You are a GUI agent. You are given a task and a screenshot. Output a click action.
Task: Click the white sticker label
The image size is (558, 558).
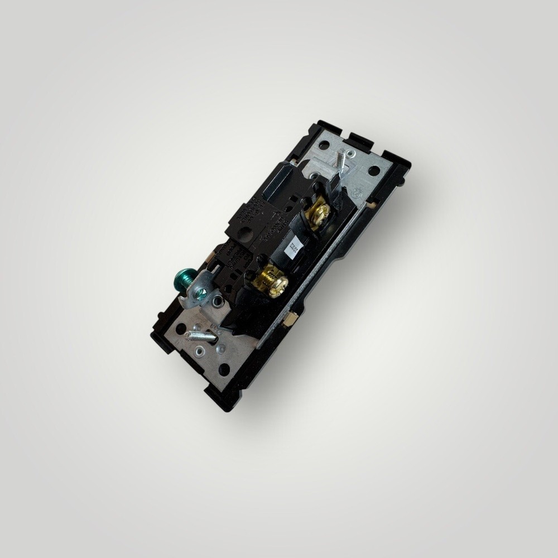[x=294, y=247]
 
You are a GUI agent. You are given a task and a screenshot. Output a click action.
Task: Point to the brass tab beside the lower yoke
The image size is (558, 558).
[x=288, y=320]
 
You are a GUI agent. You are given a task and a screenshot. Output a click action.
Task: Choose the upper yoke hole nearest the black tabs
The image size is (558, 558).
[x=324, y=145]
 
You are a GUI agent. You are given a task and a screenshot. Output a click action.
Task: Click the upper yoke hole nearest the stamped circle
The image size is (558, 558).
[x=374, y=170]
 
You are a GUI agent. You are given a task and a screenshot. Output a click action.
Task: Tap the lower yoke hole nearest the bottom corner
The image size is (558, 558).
[x=224, y=369]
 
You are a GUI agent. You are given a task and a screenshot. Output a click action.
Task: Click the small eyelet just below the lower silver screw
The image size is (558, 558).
[x=199, y=352]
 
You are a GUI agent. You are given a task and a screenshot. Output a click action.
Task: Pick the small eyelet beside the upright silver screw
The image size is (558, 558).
[x=349, y=152]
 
